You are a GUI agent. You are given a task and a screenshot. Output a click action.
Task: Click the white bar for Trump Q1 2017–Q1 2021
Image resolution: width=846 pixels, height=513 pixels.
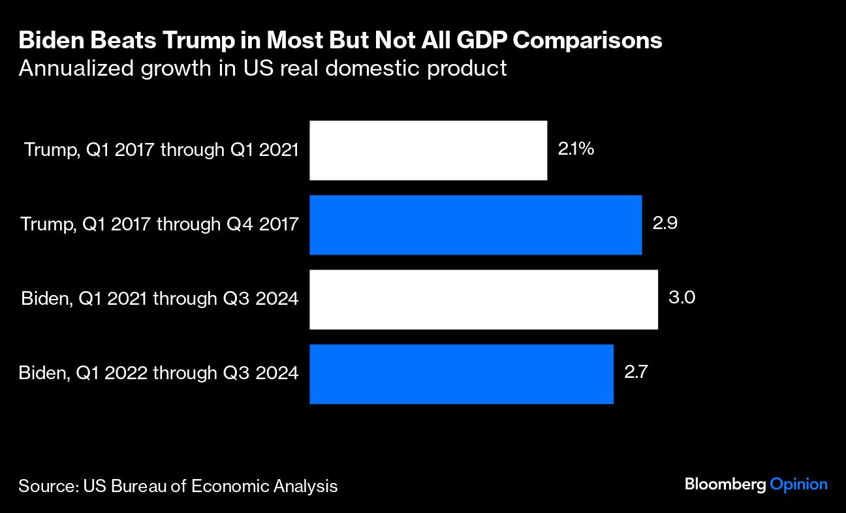pos(428,150)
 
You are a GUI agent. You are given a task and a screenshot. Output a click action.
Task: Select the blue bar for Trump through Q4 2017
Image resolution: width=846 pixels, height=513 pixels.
pos(475,225)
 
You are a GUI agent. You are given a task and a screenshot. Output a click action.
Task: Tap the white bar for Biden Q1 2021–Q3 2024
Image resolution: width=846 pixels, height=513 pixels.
pos(483,299)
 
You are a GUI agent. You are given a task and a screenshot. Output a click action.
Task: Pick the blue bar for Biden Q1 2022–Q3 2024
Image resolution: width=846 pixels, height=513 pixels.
pos(461,374)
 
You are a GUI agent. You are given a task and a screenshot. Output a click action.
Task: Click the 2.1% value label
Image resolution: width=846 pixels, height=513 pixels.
pos(575,149)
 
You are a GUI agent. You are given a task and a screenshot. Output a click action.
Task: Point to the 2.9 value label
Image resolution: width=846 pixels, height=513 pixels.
pos(666,224)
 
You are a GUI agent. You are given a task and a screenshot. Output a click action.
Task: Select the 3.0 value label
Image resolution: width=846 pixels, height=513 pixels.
pos(682,298)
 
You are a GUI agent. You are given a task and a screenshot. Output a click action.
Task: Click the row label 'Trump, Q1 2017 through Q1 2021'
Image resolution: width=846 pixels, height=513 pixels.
pos(161,150)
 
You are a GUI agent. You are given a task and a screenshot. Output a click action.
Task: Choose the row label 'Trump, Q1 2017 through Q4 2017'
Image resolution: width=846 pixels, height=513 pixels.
pos(160,225)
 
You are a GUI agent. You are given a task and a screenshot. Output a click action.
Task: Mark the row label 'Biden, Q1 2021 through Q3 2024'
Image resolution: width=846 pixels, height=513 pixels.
pos(160,299)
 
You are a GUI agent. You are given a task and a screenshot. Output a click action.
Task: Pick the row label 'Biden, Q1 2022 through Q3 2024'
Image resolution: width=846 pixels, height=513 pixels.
pos(159,373)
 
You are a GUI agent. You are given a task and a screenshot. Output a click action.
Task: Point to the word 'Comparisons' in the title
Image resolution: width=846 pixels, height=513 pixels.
pos(588,41)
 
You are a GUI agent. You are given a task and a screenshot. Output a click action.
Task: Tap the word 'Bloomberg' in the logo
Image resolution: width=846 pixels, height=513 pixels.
pos(725,485)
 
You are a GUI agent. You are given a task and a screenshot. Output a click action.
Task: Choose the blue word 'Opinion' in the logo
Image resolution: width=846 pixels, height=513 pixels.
pos(798,485)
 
